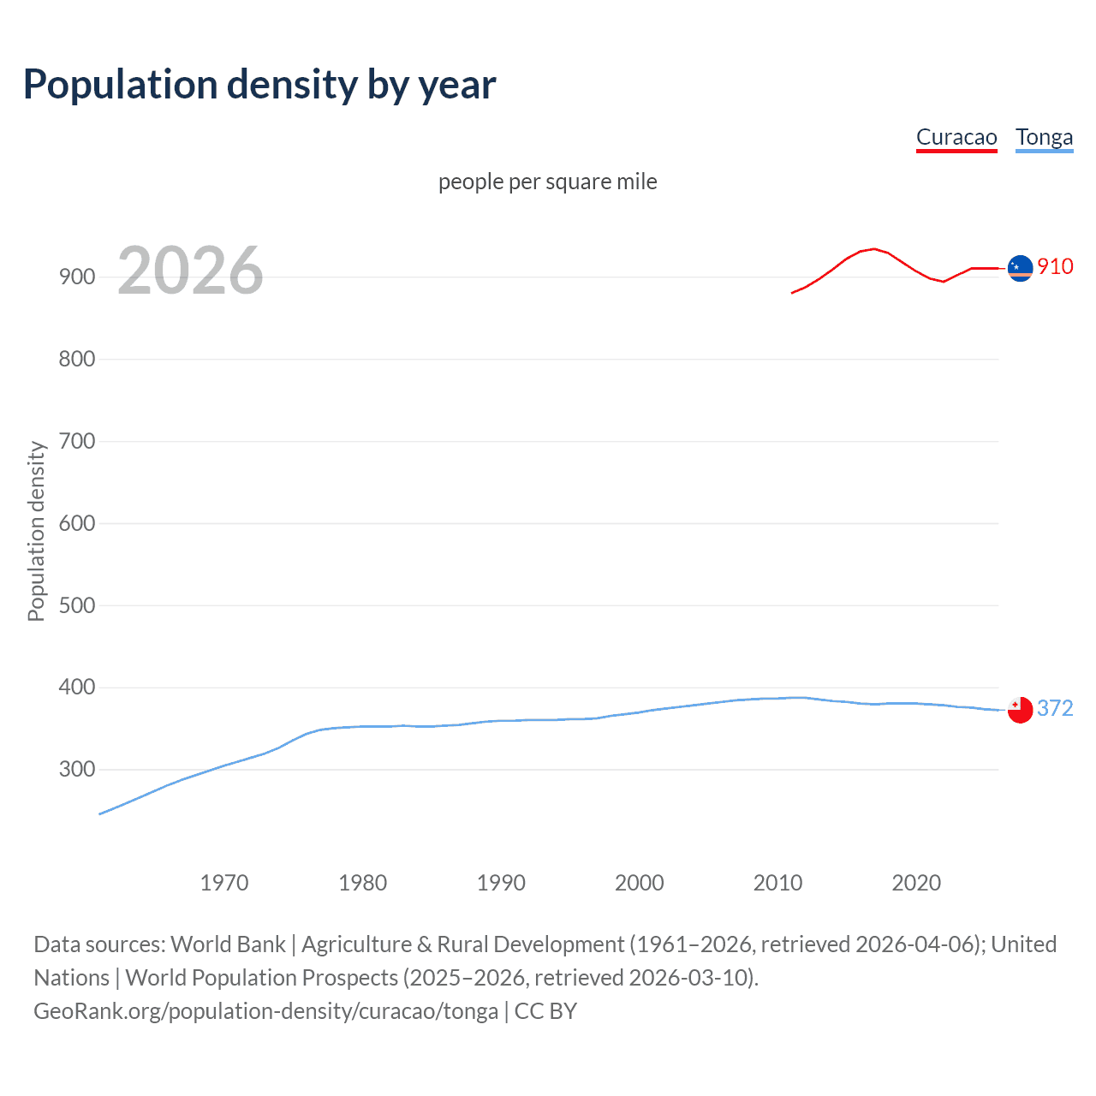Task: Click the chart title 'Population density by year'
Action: pyautogui.click(x=259, y=85)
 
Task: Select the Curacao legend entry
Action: pyautogui.click(x=956, y=137)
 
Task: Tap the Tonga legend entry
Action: pyautogui.click(x=1044, y=137)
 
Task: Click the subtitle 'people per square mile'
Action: pyautogui.click(x=547, y=182)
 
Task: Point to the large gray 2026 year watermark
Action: pyautogui.click(x=190, y=271)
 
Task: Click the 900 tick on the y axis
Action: pyautogui.click(x=77, y=277)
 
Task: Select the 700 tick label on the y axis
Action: pyautogui.click(x=77, y=441)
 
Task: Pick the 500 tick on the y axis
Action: pyautogui.click(x=77, y=605)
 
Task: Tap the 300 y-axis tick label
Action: pyautogui.click(x=77, y=770)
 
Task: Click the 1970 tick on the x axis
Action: pyautogui.click(x=224, y=883)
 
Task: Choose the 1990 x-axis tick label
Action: pyautogui.click(x=501, y=883)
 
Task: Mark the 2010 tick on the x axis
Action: pyautogui.click(x=777, y=883)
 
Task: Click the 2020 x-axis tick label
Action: pyautogui.click(x=916, y=883)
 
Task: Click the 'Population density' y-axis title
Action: pyautogui.click(x=36, y=531)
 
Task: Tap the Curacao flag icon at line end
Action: pyautogui.click(x=1020, y=268)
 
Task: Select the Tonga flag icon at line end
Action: pyautogui.click(x=1020, y=710)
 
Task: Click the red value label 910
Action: pyautogui.click(x=1055, y=266)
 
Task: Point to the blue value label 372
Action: pyautogui.click(x=1055, y=708)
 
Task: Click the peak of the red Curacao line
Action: pyautogui.click(x=873, y=249)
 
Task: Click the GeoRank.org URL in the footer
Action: pyautogui.click(x=265, y=1011)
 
